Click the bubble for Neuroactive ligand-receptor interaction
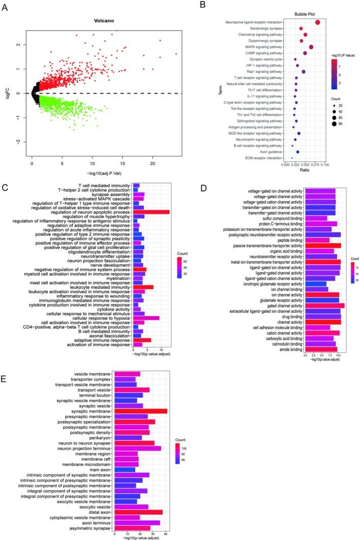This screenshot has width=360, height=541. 317,22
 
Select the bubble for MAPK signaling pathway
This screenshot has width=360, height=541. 311,47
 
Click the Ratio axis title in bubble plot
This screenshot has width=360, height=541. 304,170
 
